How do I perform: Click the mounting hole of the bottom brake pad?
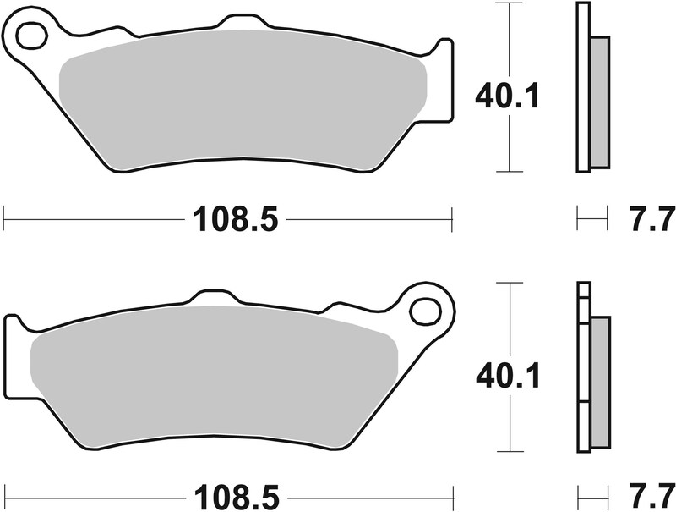[424, 311]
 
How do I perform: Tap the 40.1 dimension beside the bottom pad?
[508, 376]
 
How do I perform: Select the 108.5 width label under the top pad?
[235, 221]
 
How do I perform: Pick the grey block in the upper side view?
[597, 102]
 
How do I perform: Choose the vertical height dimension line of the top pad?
[508, 42]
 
